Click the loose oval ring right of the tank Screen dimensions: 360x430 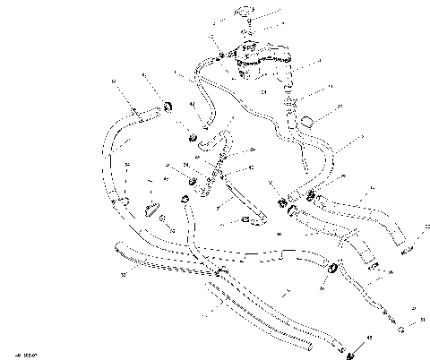tap(307, 120)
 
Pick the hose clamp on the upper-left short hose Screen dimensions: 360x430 tap(165, 108)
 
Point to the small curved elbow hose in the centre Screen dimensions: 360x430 tap(212, 138)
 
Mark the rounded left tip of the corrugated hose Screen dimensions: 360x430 tap(118, 252)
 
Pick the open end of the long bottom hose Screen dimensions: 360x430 tap(308, 345)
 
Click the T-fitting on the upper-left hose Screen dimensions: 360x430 tap(137, 112)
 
